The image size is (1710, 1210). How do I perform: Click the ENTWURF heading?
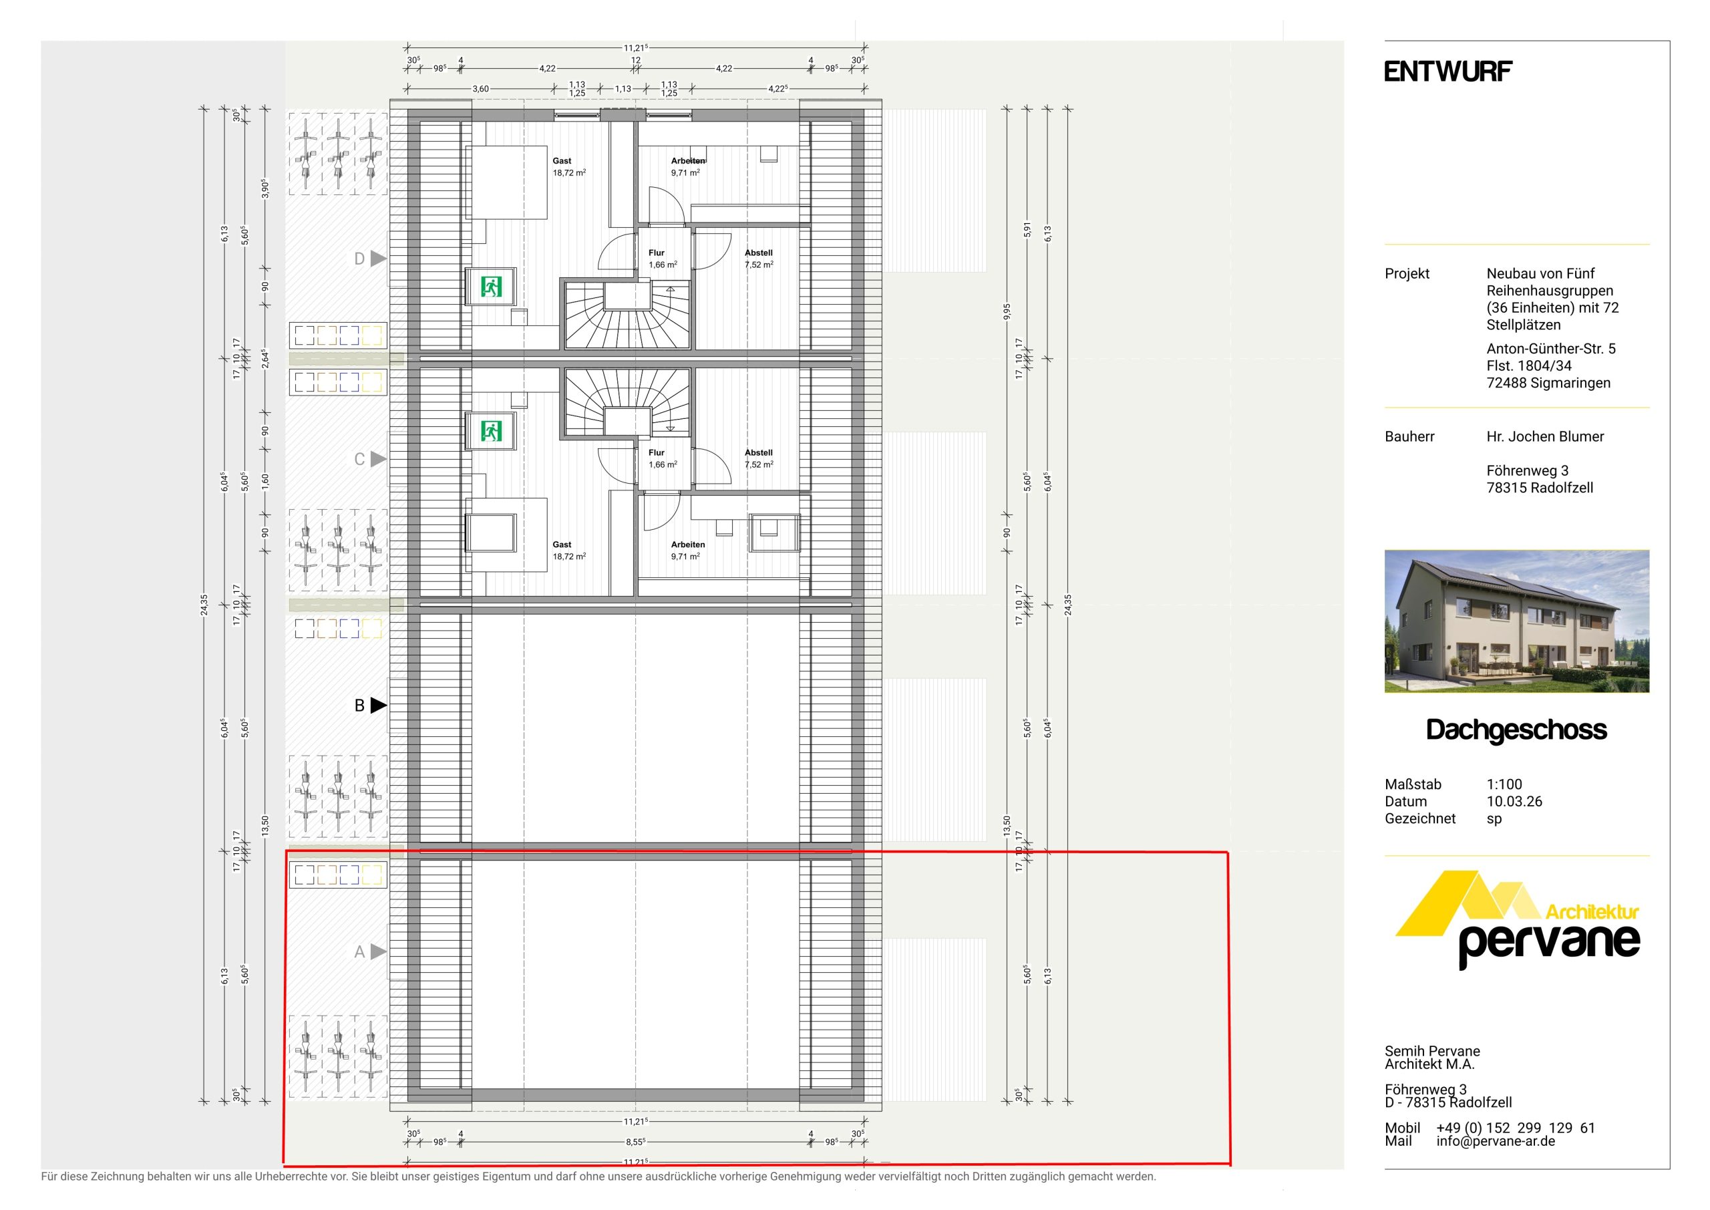pos(1448,71)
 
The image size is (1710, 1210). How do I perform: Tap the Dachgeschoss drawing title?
pos(1516,730)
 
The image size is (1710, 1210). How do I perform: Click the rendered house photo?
pos(1516,621)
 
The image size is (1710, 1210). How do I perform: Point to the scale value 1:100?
pos(1504,784)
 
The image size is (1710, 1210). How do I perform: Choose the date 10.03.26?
pos(1514,802)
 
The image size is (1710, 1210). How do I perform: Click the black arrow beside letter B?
pos(378,705)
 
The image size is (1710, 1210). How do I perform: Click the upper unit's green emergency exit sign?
pos(491,287)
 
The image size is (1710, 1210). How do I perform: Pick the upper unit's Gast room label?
pos(562,161)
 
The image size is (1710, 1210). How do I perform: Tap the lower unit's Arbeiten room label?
pos(687,545)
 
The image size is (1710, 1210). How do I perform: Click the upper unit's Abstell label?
pos(758,253)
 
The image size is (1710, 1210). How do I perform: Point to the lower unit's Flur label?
pos(656,452)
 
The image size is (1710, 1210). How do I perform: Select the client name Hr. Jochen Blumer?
pos(1546,436)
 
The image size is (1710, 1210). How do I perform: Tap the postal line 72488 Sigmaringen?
pos(1548,383)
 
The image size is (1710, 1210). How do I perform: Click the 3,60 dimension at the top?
pos(480,89)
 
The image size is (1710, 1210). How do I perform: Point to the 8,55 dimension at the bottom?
pos(635,1141)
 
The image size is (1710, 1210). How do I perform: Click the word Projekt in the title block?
pos(1407,273)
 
